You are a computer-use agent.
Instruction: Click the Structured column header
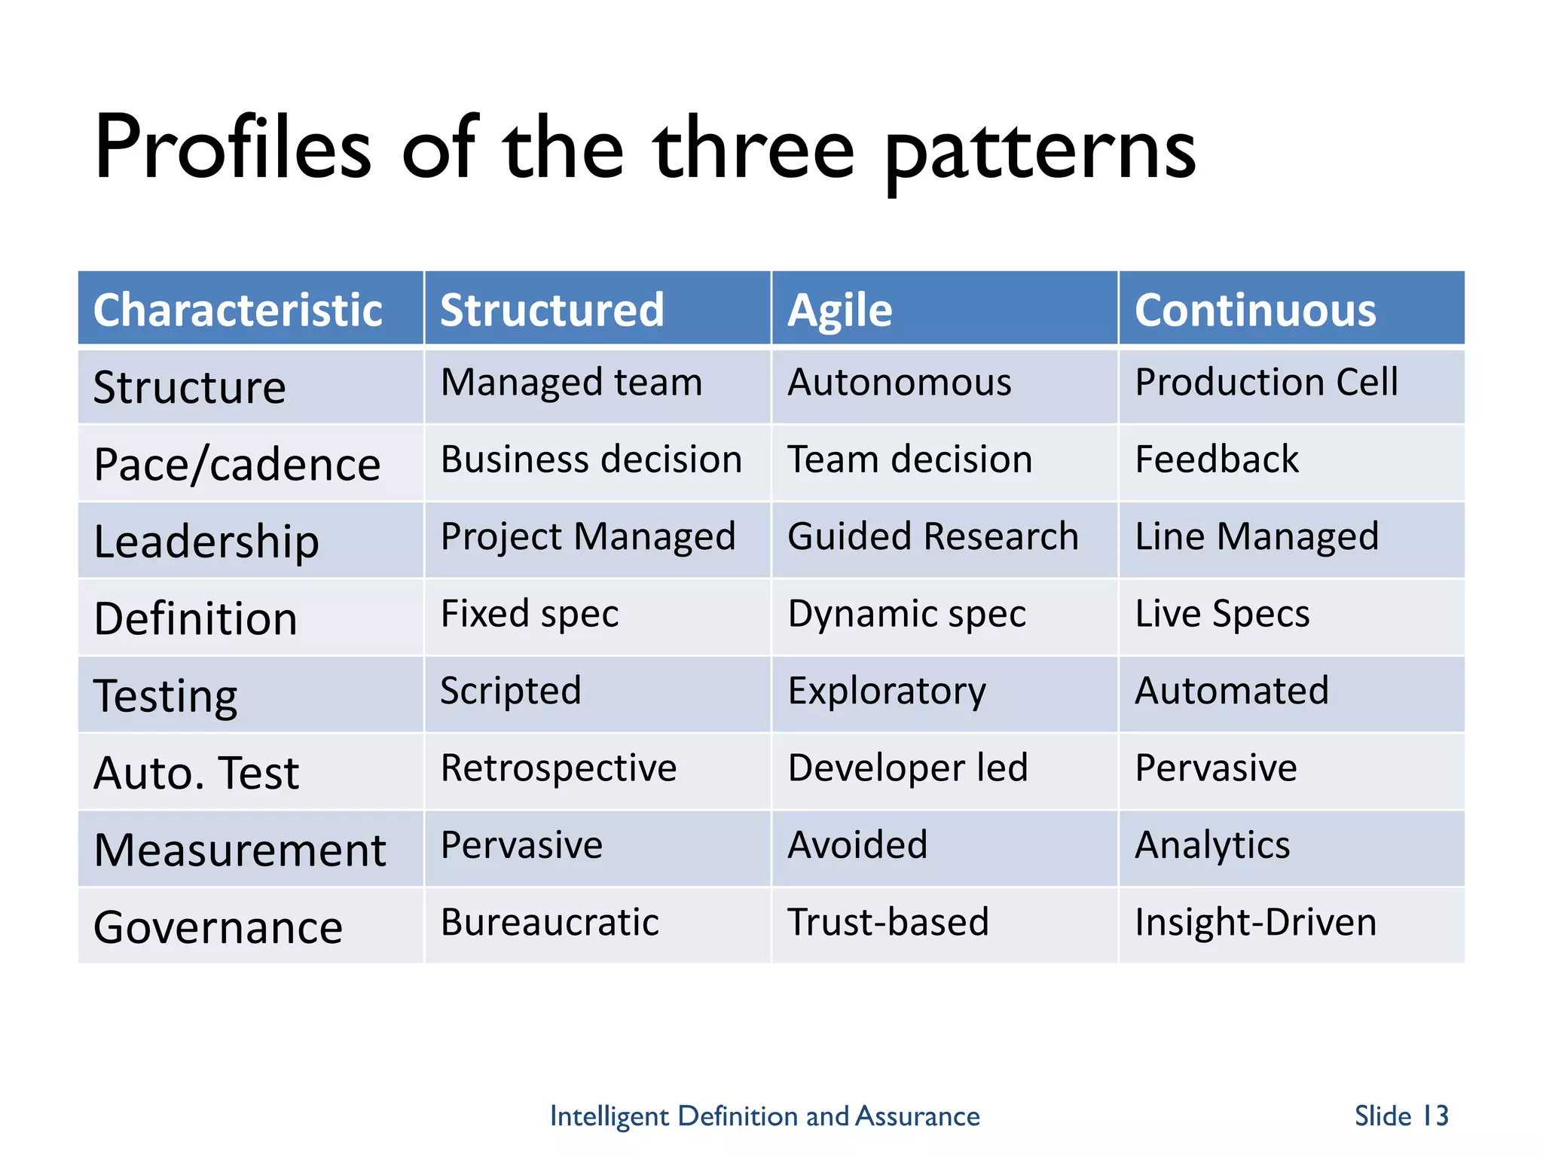coord(552,310)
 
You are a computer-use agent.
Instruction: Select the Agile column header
coord(839,310)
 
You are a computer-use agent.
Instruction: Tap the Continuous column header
coord(1255,310)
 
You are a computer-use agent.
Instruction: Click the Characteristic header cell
coord(237,310)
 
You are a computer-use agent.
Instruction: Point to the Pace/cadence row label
coord(237,464)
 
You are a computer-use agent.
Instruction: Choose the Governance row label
coord(218,927)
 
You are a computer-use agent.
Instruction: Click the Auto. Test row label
coord(196,773)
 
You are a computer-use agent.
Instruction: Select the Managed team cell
coord(571,382)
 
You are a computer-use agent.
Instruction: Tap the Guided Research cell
coord(933,536)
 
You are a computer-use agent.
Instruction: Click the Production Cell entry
coord(1266,382)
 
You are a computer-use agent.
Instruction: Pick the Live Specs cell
coord(1222,614)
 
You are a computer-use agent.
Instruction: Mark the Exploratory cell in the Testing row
coord(887,691)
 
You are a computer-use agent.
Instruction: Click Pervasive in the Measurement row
coord(521,844)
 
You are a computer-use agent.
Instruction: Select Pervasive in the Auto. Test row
coord(1215,768)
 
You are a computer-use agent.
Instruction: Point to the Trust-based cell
coord(888,922)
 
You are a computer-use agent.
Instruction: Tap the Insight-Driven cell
coord(1255,922)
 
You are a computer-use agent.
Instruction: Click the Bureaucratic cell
coord(549,922)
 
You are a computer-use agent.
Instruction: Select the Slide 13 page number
coord(1401,1116)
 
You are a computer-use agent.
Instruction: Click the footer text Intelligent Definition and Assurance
coord(764,1116)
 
